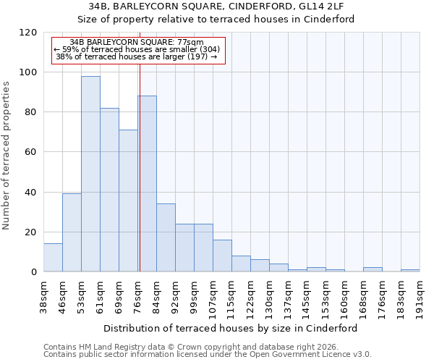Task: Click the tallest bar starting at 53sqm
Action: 90,174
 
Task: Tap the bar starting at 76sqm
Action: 147,184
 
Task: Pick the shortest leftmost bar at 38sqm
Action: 53,258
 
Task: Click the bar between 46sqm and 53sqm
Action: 72,232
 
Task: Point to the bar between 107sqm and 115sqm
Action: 222,256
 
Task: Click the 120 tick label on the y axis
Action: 30,33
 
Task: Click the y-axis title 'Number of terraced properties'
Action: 7,156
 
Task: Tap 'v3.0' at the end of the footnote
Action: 362,354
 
